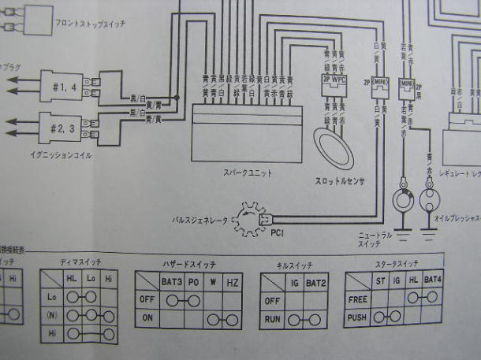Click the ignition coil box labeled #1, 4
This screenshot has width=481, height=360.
pos(61,88)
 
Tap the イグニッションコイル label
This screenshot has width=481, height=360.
pos(59,155)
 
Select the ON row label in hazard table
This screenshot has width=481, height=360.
pos(147,319)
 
